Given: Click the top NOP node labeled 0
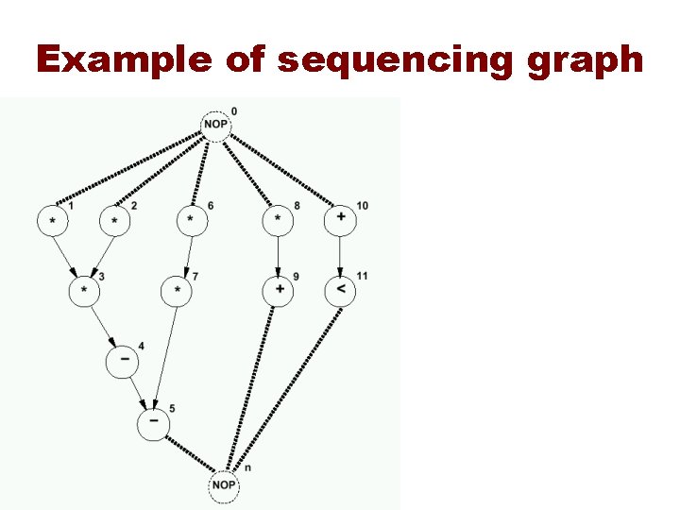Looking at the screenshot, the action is coord(216,126).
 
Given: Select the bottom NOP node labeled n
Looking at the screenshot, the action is coord(224,484).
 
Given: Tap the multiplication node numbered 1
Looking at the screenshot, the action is coord(52,220).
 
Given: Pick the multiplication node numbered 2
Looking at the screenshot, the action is coord(114,220).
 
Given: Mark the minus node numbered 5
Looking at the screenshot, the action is coord(153,424).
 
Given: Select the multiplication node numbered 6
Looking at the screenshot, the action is coord(192,219).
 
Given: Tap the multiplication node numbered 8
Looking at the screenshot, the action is coord(278,219).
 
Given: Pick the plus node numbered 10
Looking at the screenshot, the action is coord(340,218).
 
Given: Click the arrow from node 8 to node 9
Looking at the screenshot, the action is coord(278,255).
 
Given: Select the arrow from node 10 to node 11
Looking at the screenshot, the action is coord(340,255).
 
